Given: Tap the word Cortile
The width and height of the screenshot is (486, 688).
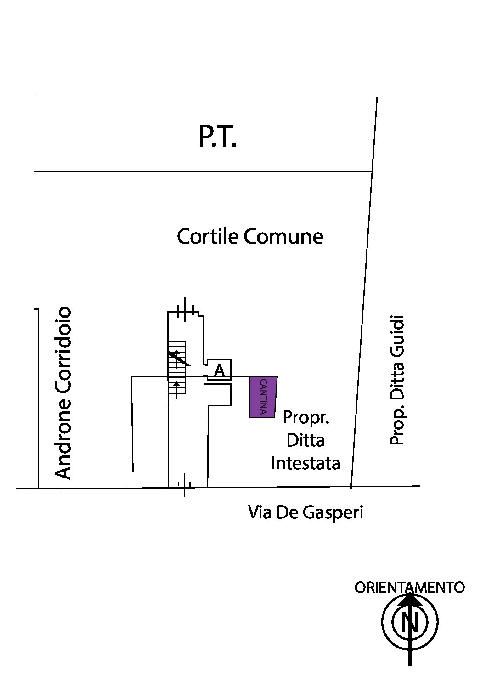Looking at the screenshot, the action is coord(208,237).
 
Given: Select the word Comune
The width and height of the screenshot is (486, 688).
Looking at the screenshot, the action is coord(283,237).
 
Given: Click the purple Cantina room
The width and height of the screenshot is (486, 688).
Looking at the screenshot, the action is coord(263,397).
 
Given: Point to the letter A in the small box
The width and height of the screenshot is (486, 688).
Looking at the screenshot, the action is coord(219,371).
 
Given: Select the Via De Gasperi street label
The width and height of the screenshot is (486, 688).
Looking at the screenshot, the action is coord(305,512).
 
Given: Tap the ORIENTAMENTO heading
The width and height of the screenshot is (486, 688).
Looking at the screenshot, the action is coord(410,587).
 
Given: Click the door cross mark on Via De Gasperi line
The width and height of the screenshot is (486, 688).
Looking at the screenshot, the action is coord(184,485).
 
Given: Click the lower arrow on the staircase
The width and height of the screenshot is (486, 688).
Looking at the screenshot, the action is coord(176,389).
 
